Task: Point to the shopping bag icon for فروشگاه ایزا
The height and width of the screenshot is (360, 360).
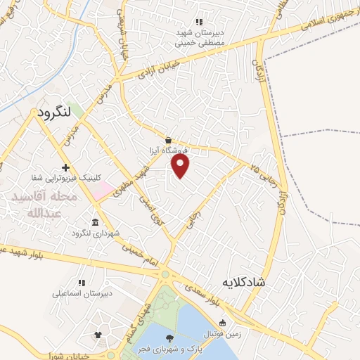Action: (x=167, y=139)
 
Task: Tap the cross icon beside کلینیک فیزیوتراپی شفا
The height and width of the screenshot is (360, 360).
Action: (x=65, y=167)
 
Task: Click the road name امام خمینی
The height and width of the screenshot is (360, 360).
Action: (x=135, y=258)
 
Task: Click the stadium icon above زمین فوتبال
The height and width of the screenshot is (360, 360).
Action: (x=223, y=321)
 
